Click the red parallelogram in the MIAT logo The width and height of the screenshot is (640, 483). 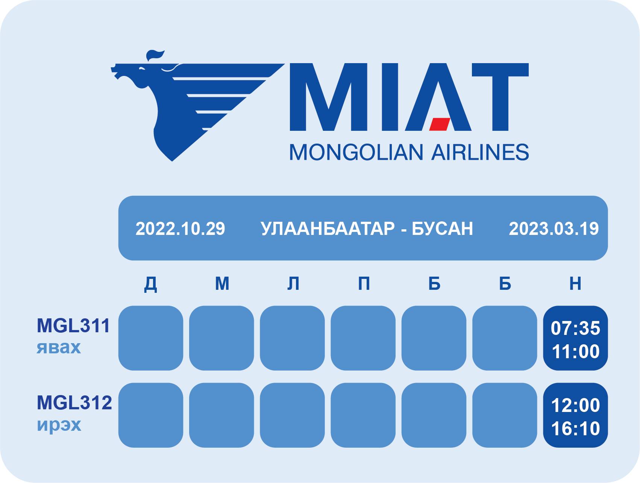point(440,124)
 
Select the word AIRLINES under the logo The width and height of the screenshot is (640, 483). point(480,152)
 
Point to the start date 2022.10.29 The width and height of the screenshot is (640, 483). point(180,229)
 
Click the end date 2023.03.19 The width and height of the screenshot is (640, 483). point(554,229)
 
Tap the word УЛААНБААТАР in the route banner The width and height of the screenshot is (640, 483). point(328,229)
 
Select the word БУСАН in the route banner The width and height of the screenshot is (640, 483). point(442,229)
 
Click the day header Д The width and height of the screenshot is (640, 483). point(151,284)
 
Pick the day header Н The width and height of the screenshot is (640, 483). point(575,283)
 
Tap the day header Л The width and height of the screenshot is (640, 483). point(293,283)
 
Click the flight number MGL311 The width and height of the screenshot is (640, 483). point(73,326)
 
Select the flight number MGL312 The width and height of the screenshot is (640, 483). point(74,403)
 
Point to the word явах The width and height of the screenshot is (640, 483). point(59,347)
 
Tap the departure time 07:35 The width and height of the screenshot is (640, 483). point(575,328)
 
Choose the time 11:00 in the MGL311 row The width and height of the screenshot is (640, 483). point(575,351)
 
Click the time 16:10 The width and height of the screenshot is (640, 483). point(575,428)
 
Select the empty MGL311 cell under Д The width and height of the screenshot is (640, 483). point(151,338)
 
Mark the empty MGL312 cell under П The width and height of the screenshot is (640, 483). point(363,415)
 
